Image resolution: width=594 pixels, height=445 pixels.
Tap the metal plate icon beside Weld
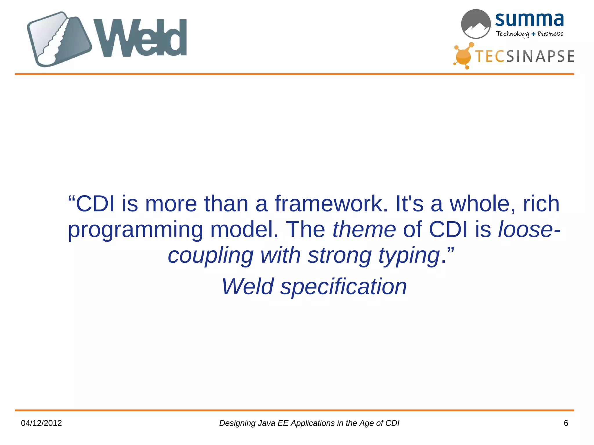point(59,39)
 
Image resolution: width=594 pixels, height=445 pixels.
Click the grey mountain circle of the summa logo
point(476,24)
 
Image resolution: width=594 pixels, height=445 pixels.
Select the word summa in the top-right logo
point(529,19)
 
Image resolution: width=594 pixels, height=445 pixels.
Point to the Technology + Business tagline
point(529,34)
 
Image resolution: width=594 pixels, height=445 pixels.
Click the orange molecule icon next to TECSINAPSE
point(463,56)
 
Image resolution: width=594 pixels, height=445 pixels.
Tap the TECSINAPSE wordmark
point(525,56)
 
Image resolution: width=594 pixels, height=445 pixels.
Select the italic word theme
point(364,229)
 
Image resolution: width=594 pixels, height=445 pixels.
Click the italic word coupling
point(211,256)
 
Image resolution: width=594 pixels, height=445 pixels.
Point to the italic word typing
point(409,256)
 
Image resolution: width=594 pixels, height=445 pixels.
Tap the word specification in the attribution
point(343,287)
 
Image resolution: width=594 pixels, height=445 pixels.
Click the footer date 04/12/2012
point(41,423)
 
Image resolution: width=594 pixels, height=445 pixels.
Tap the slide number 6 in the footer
point(566,423)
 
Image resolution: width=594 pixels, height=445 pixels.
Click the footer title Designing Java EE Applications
point(309,423)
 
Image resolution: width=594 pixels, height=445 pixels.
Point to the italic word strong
point(340,256)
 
